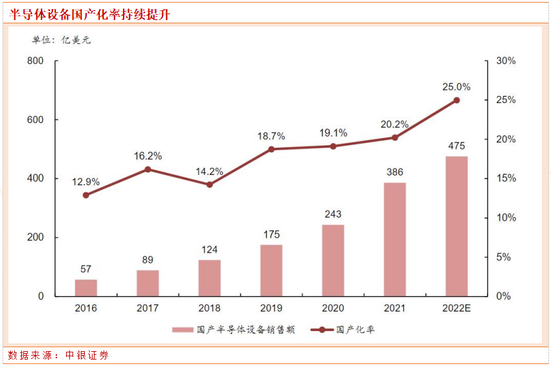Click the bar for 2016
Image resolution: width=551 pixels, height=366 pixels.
click(x=86, y=288)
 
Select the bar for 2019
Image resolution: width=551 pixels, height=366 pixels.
click(x=271, y=270)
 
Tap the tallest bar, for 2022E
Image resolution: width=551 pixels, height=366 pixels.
click(x=456, y=226)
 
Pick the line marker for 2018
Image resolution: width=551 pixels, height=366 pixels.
click(x=210, y=185)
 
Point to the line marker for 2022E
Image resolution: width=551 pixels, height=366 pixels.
click(x=456, y=100)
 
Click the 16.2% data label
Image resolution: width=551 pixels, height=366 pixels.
click(x=148, y=156)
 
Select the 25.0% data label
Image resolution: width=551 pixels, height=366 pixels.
click(x=456, y=87)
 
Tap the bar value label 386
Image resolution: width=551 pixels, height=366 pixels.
click(x=395, y=172)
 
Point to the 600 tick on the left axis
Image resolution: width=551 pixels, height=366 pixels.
click(x=36, y=120)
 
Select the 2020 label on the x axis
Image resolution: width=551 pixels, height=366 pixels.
click(x=333, y=308)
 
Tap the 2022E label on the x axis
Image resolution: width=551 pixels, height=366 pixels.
click(x=456, y=308)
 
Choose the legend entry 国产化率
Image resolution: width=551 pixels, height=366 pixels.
click(x=343, y=330)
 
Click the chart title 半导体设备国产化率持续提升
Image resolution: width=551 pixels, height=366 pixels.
click(x=90, y=14)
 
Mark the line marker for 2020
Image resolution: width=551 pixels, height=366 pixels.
click(x=333, y=146)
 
